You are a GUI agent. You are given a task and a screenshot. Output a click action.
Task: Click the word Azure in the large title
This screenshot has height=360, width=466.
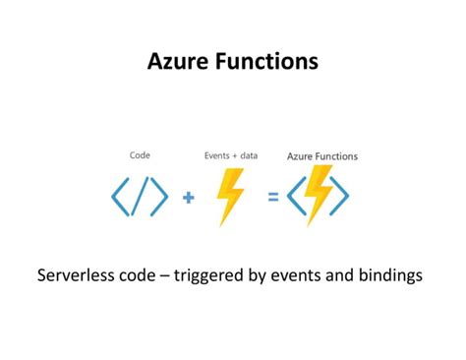click(x=178, y=61)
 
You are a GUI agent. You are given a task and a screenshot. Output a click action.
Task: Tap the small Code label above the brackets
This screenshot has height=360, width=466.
click(x=140, y=155)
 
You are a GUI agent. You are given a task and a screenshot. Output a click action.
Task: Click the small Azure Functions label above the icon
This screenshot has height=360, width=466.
click(x=321, y=156)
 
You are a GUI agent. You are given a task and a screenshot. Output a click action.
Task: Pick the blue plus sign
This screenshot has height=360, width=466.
click(x=189, y=197)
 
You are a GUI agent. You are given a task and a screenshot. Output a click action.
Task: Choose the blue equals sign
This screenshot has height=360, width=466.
click(x=273, y=197)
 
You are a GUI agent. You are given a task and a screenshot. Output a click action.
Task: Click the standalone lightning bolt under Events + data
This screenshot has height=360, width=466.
click(x=230, y=197)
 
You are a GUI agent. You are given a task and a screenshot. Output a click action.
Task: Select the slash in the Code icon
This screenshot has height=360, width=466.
click(x=140, y=198)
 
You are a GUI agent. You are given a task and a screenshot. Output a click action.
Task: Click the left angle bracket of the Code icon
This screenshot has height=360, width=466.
click(x=121, y=198)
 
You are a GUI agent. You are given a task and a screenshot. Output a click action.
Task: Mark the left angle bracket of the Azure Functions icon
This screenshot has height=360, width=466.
click(x=296, y=198)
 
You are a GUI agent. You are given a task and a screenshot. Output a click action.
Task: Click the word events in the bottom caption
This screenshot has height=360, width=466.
click(x=297, y=275)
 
